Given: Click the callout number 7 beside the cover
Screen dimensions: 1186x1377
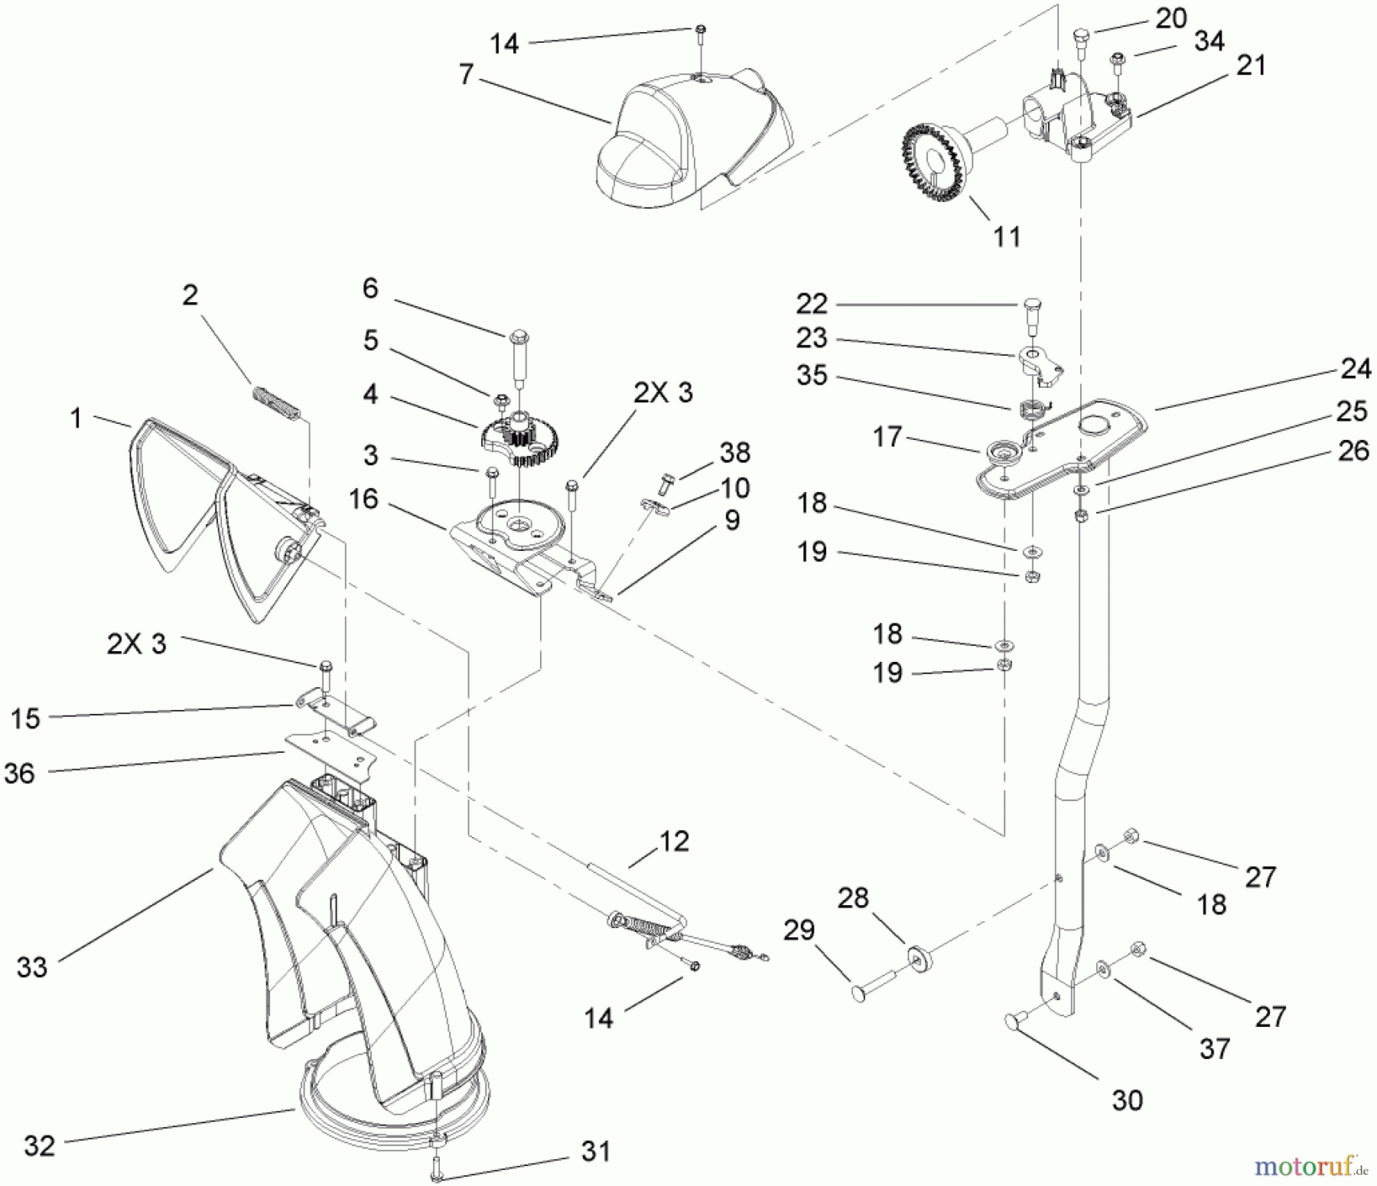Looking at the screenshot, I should click(x=467, y=75).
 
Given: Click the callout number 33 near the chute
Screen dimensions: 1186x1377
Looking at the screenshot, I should click(x=32, y=967).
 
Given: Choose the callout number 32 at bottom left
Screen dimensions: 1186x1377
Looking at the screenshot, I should click(x=40, y=1147).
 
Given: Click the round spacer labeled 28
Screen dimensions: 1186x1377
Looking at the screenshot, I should click(x=916, y=958).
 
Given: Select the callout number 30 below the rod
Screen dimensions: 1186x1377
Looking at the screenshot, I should click(x=1127, y=1101).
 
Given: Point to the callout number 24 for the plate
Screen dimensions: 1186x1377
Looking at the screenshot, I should click(x=1356, y=370).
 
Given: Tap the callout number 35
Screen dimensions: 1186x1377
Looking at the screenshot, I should click(x=812, y=376).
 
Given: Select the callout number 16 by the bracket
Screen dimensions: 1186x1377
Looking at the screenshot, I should click(x=364, y=499).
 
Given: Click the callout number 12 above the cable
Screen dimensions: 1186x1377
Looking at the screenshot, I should click(x=674, y=841).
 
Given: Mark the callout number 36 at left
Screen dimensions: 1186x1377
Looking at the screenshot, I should click(x=20, y=773).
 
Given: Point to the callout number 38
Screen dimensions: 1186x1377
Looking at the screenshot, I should click(x=734, y=452).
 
